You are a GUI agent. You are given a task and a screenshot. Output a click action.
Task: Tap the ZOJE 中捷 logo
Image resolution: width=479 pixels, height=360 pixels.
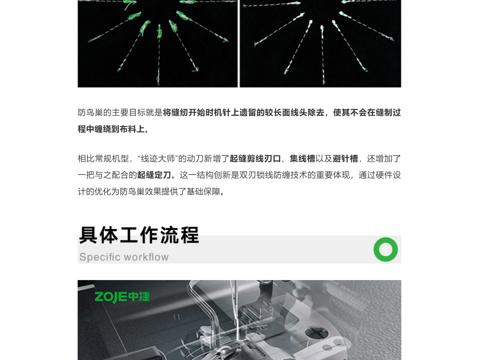[x=122, y=297]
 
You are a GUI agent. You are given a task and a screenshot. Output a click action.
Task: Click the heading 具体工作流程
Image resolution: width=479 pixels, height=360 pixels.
[x=139, y=235]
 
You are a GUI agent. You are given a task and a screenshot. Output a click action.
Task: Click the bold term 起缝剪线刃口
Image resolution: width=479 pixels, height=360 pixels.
[x=255, y=159]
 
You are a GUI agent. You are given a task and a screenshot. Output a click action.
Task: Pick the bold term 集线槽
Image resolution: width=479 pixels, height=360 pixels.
[x=302, y=159]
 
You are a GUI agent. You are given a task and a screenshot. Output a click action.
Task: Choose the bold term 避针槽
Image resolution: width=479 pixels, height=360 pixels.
[x=345, y=159]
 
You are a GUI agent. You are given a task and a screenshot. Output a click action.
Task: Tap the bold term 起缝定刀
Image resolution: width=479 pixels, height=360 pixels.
[x=154, y=175]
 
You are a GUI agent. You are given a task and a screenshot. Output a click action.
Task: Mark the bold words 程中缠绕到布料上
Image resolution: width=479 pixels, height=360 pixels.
[x=111, y=129]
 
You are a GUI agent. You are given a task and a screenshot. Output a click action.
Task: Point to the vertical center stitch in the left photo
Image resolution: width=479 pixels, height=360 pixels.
[x=159, y=55]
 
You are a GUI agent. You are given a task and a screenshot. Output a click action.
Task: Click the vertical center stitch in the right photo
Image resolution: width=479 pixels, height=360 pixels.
[x=322, y=55]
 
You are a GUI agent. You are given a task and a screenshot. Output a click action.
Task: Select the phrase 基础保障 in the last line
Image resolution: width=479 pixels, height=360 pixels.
[x=203, y=191]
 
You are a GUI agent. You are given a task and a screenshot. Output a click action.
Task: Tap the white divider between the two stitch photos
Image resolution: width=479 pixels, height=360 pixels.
[x=239, y=44]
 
